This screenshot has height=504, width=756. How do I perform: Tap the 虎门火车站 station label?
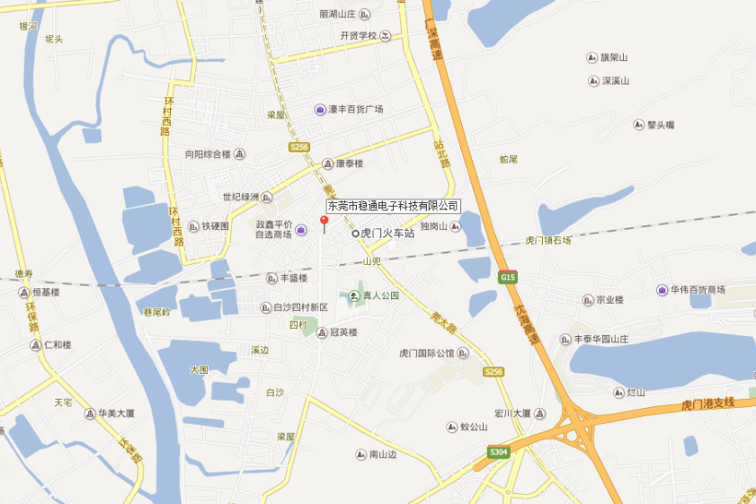387,234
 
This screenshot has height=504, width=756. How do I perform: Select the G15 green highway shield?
508,278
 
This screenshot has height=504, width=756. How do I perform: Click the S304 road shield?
499,452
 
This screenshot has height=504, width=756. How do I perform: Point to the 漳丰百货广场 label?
355,110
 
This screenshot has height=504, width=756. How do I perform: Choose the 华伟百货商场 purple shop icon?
663,290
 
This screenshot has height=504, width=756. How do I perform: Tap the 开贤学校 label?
359,36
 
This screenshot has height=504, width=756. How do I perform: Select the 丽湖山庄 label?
338,14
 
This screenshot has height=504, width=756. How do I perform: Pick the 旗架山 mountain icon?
591,58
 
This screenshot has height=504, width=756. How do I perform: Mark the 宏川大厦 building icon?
540,414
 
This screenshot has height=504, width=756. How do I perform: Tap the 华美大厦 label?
117,414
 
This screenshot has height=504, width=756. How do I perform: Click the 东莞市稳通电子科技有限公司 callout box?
393,206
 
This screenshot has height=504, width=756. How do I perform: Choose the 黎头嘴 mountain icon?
638,125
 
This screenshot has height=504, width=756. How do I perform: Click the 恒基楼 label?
45,292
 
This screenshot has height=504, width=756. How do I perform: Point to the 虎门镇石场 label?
547,241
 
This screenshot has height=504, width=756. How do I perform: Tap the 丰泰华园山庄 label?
619,340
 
